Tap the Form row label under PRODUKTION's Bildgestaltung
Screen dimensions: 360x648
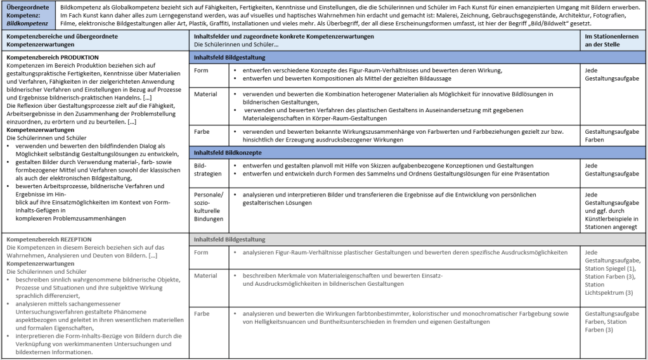(x=201, y=70)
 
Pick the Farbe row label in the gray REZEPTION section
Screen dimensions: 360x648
(x=202, y=314)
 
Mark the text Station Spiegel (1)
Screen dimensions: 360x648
(x=611, y=269)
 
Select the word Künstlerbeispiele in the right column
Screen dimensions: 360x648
(x=612, y=219)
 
